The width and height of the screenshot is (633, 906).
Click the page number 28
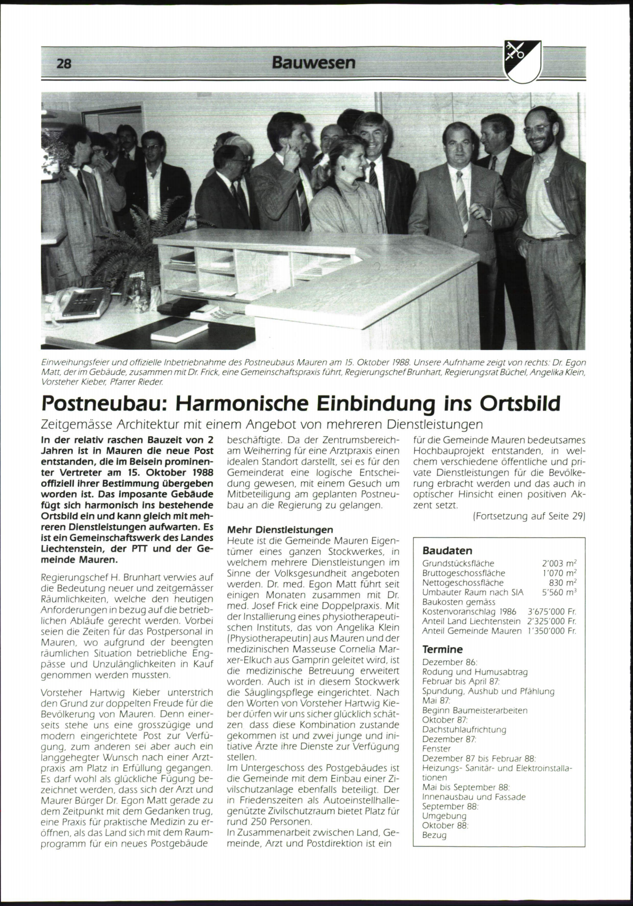pyautogui.click(x=64, y=64)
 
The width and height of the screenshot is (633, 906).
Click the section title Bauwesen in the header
pyautogui.click(x=314, y=63)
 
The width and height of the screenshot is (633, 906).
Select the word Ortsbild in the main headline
pyautogui.click(x=520, y=404)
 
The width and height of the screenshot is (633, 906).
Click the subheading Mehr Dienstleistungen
pyautogui.click(x=280, y=529)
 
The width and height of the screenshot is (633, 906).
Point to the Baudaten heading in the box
pyautogui.click(x=447, y=551)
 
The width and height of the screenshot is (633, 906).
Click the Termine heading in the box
pyautogui.click(x=443, y=649)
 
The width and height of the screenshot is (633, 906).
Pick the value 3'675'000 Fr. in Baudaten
pyautogui.click(x=552, y=612)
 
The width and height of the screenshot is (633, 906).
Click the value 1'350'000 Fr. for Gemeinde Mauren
pyautogui.click(x=552, y=631)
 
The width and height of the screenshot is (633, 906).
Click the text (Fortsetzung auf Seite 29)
pyautogui.click(x=529, y=516)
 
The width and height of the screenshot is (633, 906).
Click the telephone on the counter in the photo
pyautogui.click(x=74, y=305)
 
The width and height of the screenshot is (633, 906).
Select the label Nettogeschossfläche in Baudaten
pyautogui.click(x=456, y=583)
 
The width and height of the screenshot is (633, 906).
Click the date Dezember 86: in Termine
pyautogui.click(x=449, y=662)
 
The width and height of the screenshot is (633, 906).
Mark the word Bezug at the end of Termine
pyautogui.click(x=434, y=835)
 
